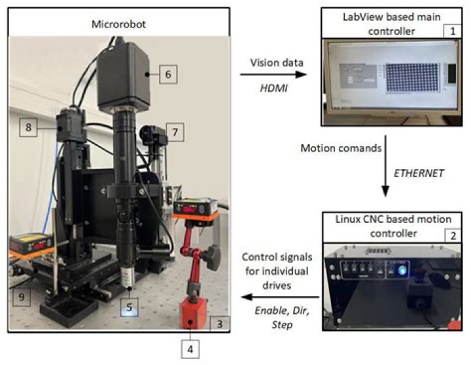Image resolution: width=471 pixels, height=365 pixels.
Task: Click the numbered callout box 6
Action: point(167,75)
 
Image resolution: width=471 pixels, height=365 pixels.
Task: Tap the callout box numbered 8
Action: point(28,127)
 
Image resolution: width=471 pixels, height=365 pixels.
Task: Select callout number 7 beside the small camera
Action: point(174,132)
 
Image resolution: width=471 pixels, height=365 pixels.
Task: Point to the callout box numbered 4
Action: point(190,349)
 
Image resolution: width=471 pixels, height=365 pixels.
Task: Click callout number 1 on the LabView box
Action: point(449,29)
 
